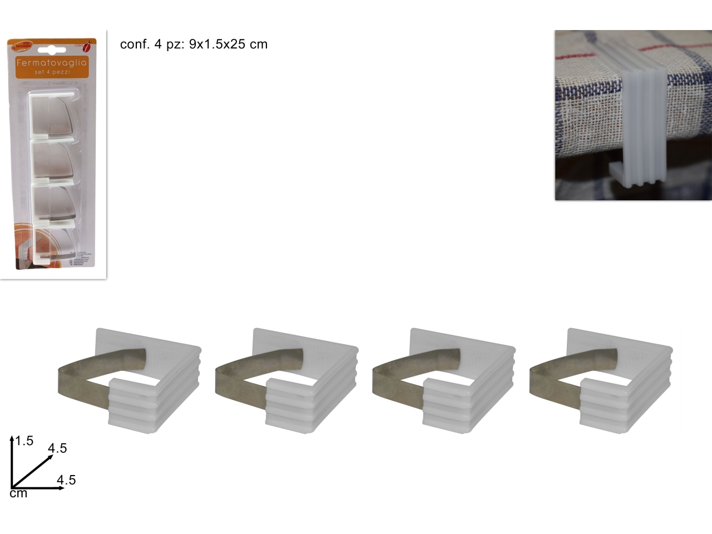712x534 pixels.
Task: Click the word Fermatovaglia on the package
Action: pyautogui.click(x=52, y=63)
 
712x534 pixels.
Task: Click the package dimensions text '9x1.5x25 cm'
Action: pyautogui.click(x=228, y=44)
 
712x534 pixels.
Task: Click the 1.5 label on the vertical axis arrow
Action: pyautogui.click(x=24, y=441)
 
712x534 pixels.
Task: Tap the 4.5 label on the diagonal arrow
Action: pyautogui.click(x=57, y=448)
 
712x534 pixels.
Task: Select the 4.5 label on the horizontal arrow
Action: pyautogui.click(x=66, y=480)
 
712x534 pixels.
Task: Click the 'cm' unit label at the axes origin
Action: pyautogui.click(x=18, y=493)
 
